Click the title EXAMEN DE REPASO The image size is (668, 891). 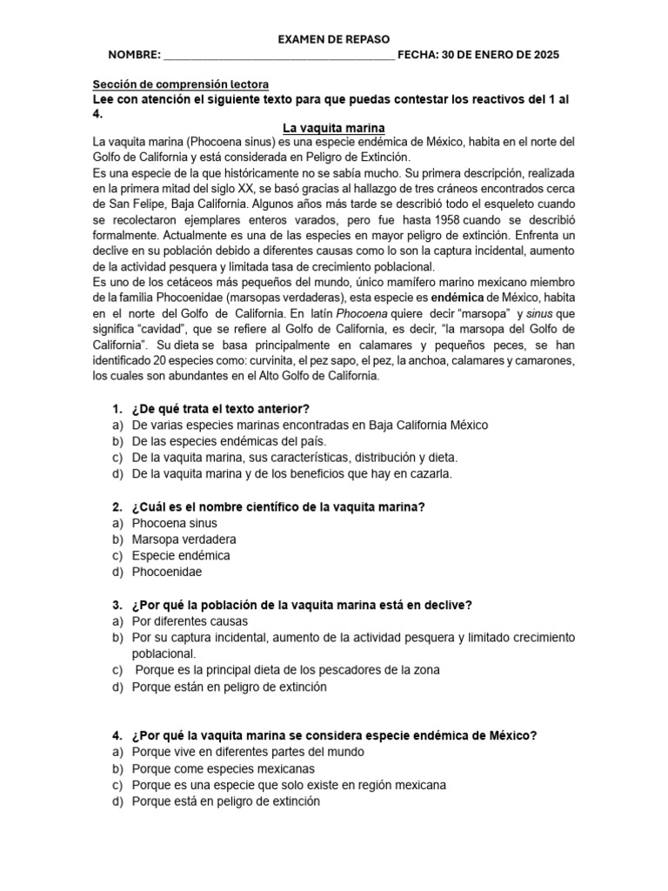(333, 39)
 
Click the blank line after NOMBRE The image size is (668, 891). (278, 56)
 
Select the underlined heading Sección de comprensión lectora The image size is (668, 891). (181, 84)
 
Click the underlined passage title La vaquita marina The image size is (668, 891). (333, 128)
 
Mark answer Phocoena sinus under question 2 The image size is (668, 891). (174, 523)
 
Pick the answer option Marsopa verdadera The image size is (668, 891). (184, 539)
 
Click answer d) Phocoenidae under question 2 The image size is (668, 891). (166, 572)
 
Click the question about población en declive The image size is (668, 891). (300, 605)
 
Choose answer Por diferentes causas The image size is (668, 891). (190, 621)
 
